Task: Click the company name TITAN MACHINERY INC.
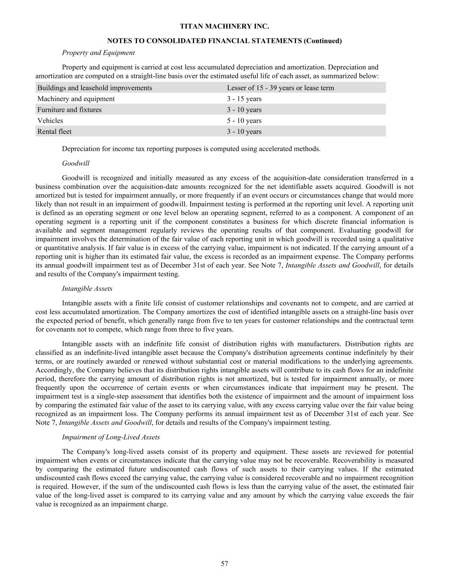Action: (x=224, y=26)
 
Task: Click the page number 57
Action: (x=224, y=564)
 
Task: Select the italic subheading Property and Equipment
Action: (x=98, y=53)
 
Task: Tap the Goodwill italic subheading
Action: (x=76, y=163)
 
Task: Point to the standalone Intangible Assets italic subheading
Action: (x=87, y=288)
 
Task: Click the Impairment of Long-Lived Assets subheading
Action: (x=111, y=437)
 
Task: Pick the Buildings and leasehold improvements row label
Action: (x=95, y=88)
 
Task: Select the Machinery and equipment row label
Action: (x=76, y=99)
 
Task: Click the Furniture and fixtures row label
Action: (x=69, y=110)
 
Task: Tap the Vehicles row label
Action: (x=50, y=121)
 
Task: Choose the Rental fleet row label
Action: (x=55, y=132)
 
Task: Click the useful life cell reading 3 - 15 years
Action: (x=244, y=99)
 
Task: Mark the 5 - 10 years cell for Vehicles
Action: (x=244, y=121)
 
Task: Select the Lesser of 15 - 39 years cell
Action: (x=280, y=88)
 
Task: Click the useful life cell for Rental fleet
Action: (x=244, y=132)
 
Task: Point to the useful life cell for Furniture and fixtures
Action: (x=244, y=110)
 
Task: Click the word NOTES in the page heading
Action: (x=120, y=41)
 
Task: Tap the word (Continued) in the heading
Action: (x=323, y=41)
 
